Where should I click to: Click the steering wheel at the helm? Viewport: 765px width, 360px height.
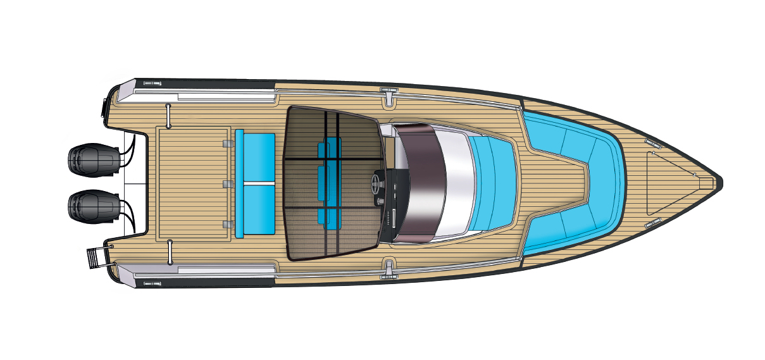pyautogui.click(x=374, y=184)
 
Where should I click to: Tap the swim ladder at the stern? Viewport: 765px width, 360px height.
pyautogui.click(x=94, y=258)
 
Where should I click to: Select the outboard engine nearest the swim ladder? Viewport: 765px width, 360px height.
pyautogui.click(x=94, y=207)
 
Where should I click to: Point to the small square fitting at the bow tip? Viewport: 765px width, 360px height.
pyautogui.click(x=716, y=182)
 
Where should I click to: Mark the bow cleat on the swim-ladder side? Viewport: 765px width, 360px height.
pyautogui.click(x=652, y=222)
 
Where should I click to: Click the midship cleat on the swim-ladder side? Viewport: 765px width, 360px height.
pyautogui.click(x=387, y=268)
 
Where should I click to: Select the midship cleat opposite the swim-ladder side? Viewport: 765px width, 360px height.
pyautogui.click(x=387, y=96)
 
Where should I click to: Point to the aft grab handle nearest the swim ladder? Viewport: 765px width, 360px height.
pyautogui.click(x=168, y=251)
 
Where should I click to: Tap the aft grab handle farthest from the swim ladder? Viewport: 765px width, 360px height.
pyautogui.click(x=168, y=115)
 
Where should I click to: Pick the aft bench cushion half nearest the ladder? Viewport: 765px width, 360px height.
pyautogui.click(x=255, y=210)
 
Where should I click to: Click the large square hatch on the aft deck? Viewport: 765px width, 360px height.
pyautogui.click(x=192, y=183)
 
